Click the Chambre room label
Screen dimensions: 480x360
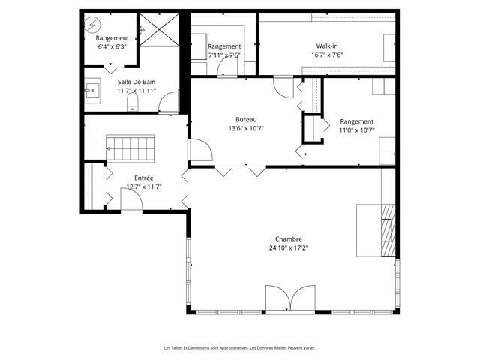289,239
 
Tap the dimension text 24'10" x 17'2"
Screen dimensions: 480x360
289,248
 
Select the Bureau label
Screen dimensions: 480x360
246,120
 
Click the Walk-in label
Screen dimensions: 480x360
327,46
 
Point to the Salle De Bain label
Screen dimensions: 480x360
136,82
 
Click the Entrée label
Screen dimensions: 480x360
144,178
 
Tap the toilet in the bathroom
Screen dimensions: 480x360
133,102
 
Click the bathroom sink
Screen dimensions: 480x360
92,90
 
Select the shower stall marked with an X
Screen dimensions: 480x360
159,30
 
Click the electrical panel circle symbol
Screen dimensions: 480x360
93,24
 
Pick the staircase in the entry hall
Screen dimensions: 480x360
130,148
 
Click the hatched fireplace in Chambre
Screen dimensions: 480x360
388,230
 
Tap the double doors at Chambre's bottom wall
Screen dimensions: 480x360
290,299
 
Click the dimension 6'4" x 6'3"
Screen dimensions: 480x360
112,46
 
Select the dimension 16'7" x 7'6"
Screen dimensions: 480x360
327,55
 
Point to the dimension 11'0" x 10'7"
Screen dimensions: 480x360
357,130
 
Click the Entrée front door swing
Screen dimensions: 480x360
131,200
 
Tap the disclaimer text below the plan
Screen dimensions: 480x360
240,348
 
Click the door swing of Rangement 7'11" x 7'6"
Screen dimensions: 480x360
227,67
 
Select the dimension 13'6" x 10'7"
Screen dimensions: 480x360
246,128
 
